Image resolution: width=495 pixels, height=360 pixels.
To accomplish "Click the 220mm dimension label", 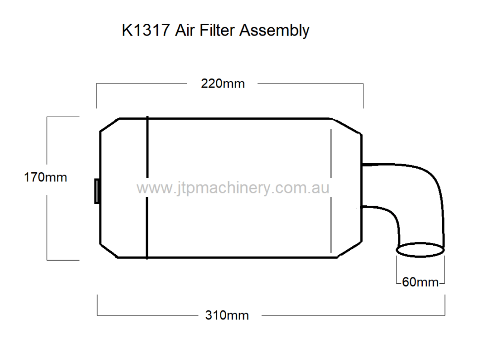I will point(222,84).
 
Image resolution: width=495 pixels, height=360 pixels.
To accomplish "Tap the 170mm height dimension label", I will point(46,177).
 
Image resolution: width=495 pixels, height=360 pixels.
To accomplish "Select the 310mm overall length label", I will point(227,315).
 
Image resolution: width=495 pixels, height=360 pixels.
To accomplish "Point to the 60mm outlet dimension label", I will point(420,282).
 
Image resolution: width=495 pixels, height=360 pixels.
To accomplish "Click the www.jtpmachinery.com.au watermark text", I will point(233,188).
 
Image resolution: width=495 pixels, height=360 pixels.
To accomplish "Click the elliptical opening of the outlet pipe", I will point(420,250).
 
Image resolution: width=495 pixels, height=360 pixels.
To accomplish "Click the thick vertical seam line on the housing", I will point(147,188).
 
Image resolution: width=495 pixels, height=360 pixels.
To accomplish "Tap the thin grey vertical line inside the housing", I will point(330,188).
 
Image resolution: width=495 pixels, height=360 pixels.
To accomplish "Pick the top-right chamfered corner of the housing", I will point(347,126).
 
